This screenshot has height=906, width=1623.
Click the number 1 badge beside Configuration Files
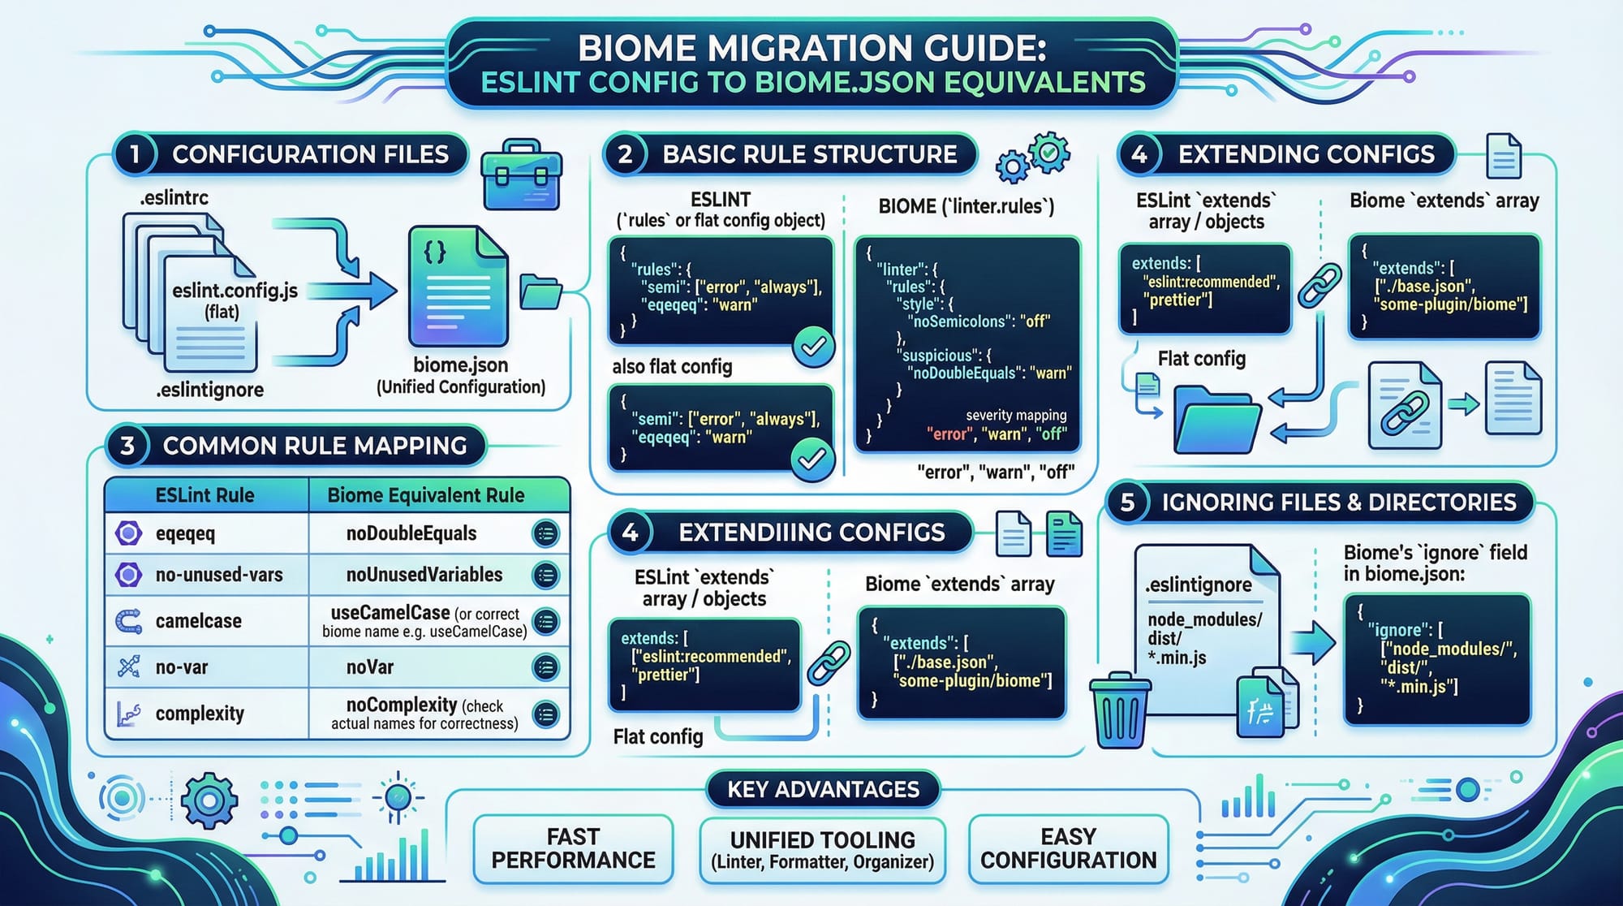[x=135, y=154]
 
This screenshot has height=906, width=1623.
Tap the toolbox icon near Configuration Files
[x=521, y=174]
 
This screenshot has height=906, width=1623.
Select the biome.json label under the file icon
[x=460, y=365]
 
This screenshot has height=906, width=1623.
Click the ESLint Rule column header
[x=204, y=495]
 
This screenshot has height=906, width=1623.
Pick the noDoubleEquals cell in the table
[x=411, y=533]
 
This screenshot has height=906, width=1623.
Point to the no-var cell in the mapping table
[x=182, y=667]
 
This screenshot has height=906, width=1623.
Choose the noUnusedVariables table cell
[x=424, y=575]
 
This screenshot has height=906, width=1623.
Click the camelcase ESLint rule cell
[x=198, y=621]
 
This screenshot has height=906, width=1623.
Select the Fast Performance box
[x=573, y=848]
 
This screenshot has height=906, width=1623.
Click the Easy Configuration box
[x=1068, y=848]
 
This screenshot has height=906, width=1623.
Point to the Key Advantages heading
[x=823, y=789]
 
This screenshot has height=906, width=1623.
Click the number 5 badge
[x=1127, y=503]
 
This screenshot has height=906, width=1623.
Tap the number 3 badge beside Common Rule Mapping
[x=127, y=446]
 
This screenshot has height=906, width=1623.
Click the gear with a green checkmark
[x=1048, y=152]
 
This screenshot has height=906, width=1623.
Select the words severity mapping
[x=1016, y=416]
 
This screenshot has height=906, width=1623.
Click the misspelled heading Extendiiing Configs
[x=811, y=533]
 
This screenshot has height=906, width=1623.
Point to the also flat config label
[x=672, y=367]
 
